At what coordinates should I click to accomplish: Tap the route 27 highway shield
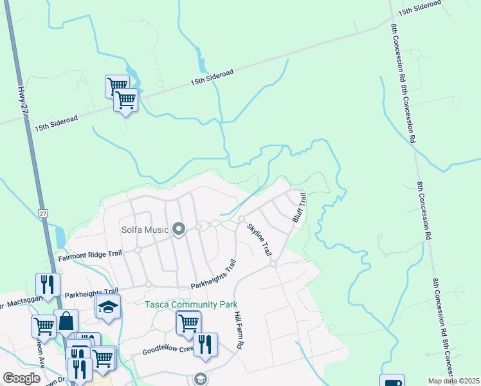click(42, 213)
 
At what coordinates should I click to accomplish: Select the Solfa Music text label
click(145, 230)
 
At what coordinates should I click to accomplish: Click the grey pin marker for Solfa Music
click(179, 229)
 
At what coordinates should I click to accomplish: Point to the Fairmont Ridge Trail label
click(90, 255)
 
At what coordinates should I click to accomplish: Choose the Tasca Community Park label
click(191, 304)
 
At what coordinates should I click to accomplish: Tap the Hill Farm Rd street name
click(238, 331)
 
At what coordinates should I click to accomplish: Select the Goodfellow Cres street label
click(168, 350)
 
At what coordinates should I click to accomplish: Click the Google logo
click(22, 378)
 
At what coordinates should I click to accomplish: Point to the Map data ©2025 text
click(454, 381)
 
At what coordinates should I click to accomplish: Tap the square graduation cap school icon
click(108, 308)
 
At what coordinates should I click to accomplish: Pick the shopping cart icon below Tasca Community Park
click(188, 323)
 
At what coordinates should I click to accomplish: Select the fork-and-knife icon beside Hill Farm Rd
click(205, 344)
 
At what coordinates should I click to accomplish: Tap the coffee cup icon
click(391, 382)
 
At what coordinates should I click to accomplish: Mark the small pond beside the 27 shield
click(60, 237)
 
